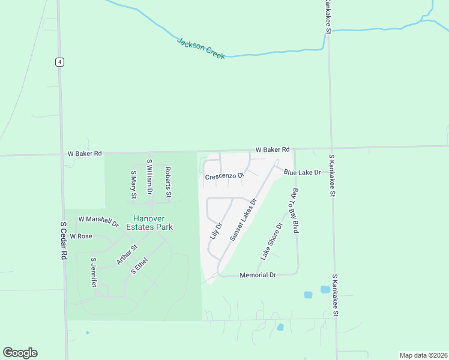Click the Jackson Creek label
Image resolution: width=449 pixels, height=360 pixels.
click(201, 48)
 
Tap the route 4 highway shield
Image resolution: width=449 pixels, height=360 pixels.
click(59, 62)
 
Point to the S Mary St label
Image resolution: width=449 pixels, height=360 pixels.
click(134, 184)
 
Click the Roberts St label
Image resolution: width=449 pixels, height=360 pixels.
click(169, 182)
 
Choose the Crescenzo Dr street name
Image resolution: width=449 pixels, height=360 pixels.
click(224, 176)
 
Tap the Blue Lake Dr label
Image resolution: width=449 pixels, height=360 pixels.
click(303, 172)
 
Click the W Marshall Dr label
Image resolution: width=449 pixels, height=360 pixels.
click(98, 222)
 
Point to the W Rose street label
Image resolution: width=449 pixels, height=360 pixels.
click(81, 236)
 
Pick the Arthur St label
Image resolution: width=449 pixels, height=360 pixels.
click(127, 254)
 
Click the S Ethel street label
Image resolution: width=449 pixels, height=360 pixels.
click(139, 266)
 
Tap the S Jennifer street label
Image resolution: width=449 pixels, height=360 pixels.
click(94, 273)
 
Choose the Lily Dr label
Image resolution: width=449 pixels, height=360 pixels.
click(216, 231)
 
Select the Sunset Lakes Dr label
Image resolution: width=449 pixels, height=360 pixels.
click(243, 219)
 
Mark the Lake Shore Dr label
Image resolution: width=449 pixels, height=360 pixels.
click(271, 241)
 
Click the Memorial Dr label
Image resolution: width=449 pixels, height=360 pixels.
click(258, 275)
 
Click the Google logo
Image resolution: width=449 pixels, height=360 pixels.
click(20, 353)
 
